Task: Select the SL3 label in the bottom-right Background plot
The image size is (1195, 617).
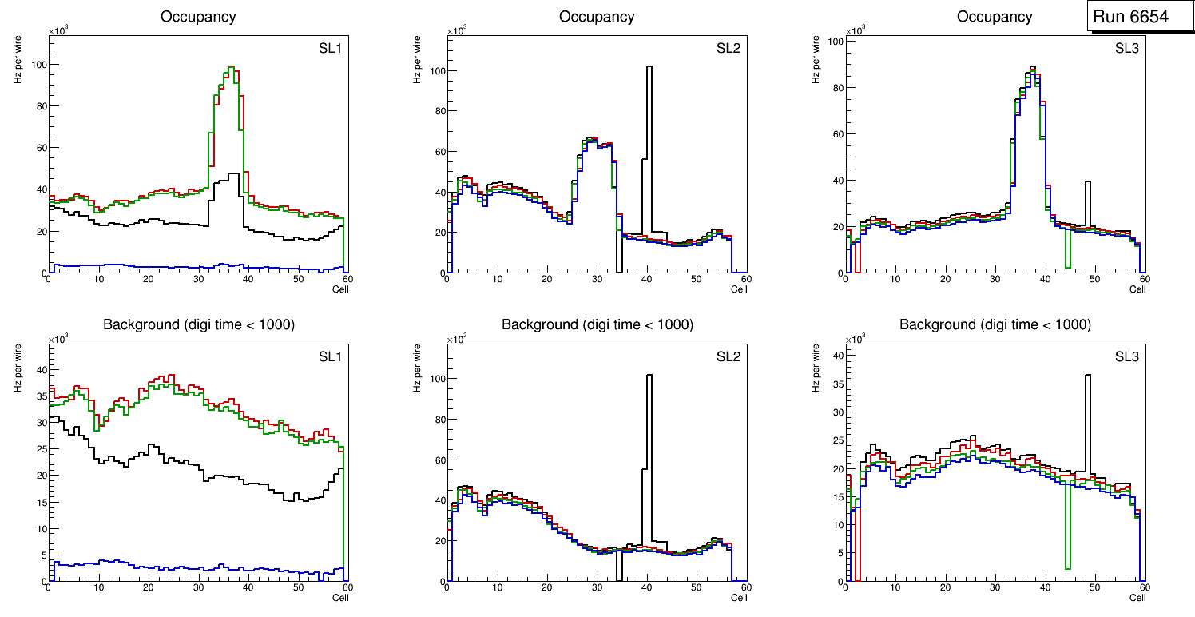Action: click(x=1126, y=356)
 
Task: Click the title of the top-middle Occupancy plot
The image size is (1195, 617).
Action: click(x=597, y=17)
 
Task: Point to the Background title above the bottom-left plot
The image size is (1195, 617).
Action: click(x=199, y=324)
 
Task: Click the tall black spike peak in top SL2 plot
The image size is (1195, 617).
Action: click(x=649, y=67)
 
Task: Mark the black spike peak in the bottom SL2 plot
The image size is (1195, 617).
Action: click(x=649, y=375)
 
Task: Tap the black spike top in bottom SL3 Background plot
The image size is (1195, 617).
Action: click(x=1087, y=375)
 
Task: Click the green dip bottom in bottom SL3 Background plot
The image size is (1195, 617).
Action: click(x=1067, y=568)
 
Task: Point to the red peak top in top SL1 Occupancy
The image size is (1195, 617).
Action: click(x=231, y=67)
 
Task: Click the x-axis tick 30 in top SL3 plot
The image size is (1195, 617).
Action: click(x=995, y=280)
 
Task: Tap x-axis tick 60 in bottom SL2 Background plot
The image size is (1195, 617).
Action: click(x=744, y=587)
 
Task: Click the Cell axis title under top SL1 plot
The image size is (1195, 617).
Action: click(x=340, y=289)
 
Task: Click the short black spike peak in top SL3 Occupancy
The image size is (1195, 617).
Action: click(x=1087, y=182)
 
